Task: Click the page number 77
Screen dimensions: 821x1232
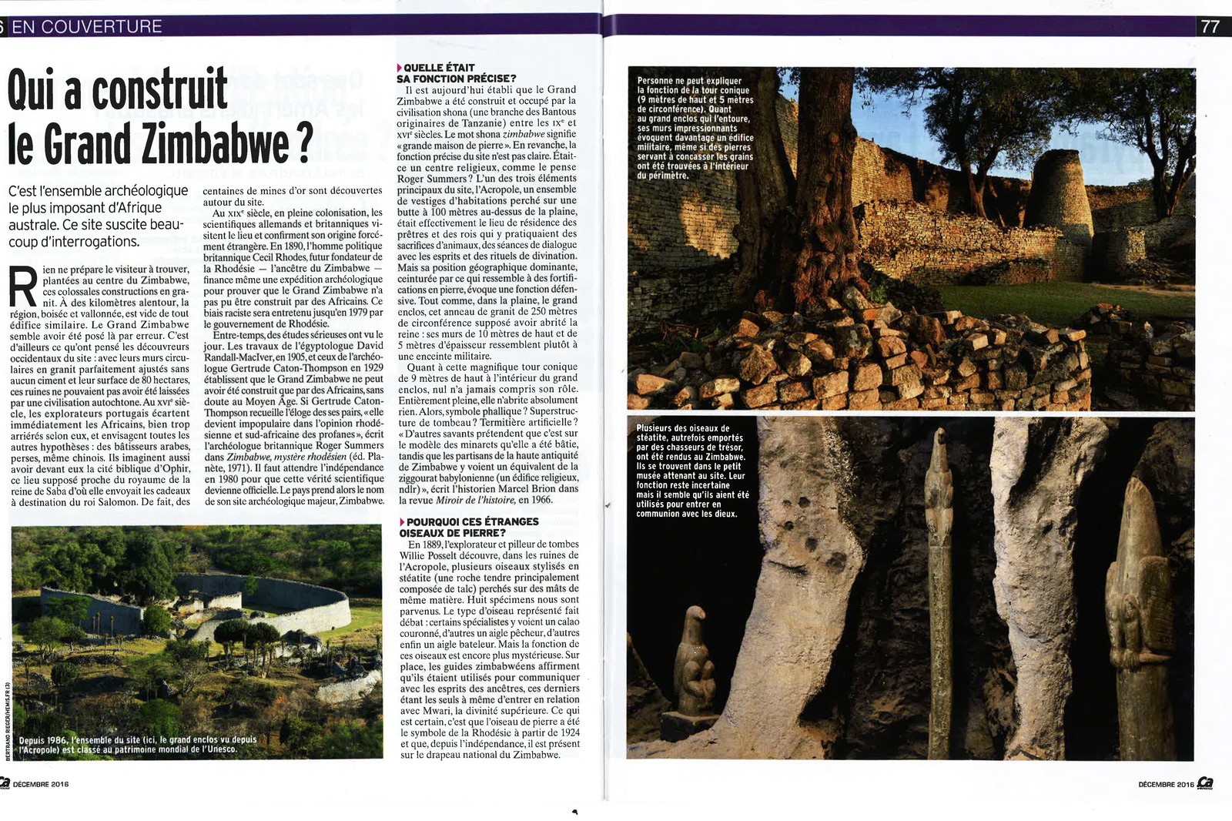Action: click(x=1210, y=26)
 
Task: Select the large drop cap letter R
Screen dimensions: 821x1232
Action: click(x=23, y=287)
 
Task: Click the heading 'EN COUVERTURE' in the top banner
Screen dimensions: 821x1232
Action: click(x=86, y=26)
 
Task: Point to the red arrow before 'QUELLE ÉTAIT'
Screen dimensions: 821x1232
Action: click(x=400, y=69)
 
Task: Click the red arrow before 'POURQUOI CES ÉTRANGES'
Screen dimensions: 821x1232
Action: click(x=402, y=522)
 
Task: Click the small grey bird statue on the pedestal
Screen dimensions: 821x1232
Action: click(x=695, y=662)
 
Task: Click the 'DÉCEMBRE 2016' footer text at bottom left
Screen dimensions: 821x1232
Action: click(x=41, y=784)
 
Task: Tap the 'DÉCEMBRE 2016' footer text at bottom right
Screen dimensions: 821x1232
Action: click(x=1166, y=784)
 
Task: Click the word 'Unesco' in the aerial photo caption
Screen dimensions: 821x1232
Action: click(x=222, y=749)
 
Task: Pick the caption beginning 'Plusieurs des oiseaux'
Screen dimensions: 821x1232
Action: click(x=691, y=471)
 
